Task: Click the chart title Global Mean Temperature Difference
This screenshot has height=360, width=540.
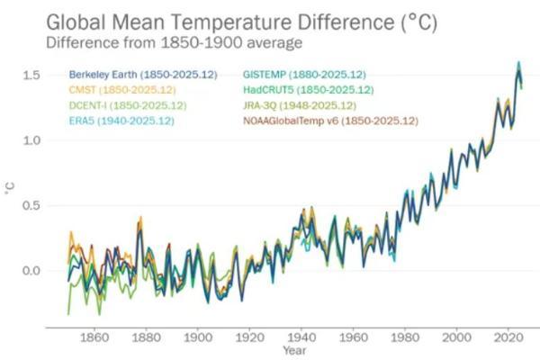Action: pos(242,22)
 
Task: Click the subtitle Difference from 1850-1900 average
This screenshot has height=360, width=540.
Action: pos(175,43)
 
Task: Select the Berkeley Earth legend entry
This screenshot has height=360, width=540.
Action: pos(143,75)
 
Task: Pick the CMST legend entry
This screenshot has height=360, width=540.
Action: pos(122,90)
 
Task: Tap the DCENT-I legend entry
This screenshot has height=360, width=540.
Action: pos(128,105)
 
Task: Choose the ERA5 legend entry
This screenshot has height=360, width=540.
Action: pos(121,121)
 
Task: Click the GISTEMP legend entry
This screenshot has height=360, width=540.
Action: pos(304,75)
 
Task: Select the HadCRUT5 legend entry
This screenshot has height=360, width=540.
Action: pos(308,90)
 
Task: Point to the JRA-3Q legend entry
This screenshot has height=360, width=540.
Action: pos(300,105)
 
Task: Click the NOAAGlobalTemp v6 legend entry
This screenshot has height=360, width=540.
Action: pos(330,121)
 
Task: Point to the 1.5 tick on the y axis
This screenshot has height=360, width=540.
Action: pos(31,75)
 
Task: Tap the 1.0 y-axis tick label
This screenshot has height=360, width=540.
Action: pos(31,140)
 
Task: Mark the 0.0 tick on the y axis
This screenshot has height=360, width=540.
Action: pos(31,271)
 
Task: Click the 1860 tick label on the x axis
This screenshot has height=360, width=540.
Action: pos(94,337)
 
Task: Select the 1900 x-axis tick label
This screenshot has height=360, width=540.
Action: pos(198,337)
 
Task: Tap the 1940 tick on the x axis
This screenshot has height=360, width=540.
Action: pos(301,337)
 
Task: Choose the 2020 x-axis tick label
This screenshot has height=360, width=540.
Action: pos(508,337)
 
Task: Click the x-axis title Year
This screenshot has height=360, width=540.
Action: pos(294,351)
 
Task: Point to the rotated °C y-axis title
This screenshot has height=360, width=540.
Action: pos(10,188)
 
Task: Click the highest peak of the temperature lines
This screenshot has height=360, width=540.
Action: pos(518,63)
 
